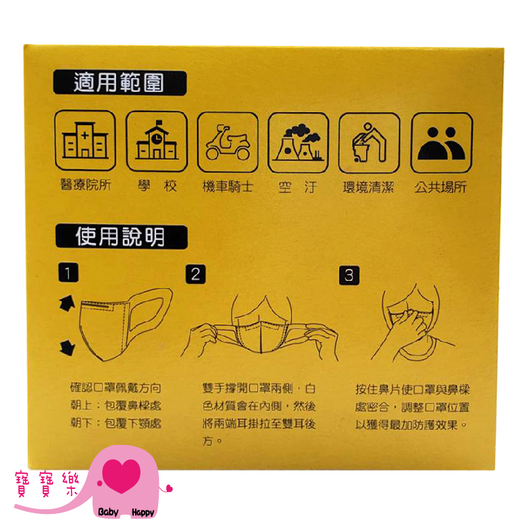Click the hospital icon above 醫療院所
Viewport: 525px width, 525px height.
pos(85,140)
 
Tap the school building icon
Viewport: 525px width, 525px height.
pos(157,141)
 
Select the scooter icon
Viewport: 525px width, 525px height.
pos(228,142)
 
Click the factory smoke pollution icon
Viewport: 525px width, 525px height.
pos(299,142)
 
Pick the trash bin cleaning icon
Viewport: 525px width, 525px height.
pos(369,143)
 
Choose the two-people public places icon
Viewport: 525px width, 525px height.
pos(442,143)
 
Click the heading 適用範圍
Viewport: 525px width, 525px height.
pos(119,83)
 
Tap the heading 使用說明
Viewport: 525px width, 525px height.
pos(121,237)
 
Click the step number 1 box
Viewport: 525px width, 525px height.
pos(68,272)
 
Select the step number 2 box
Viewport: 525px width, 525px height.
pos(196,274)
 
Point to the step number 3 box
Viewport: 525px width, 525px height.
pos(349,276)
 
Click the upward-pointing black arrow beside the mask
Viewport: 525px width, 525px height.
pos(67,303)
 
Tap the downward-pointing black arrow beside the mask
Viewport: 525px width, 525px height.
pos(68,347)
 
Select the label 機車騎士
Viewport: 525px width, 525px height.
pos(228,186)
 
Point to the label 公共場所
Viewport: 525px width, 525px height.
pos(440,187)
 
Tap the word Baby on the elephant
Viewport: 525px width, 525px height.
pos(108,512)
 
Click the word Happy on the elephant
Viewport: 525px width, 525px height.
pos(143,513)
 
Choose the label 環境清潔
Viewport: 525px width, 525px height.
pos(368,187)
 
